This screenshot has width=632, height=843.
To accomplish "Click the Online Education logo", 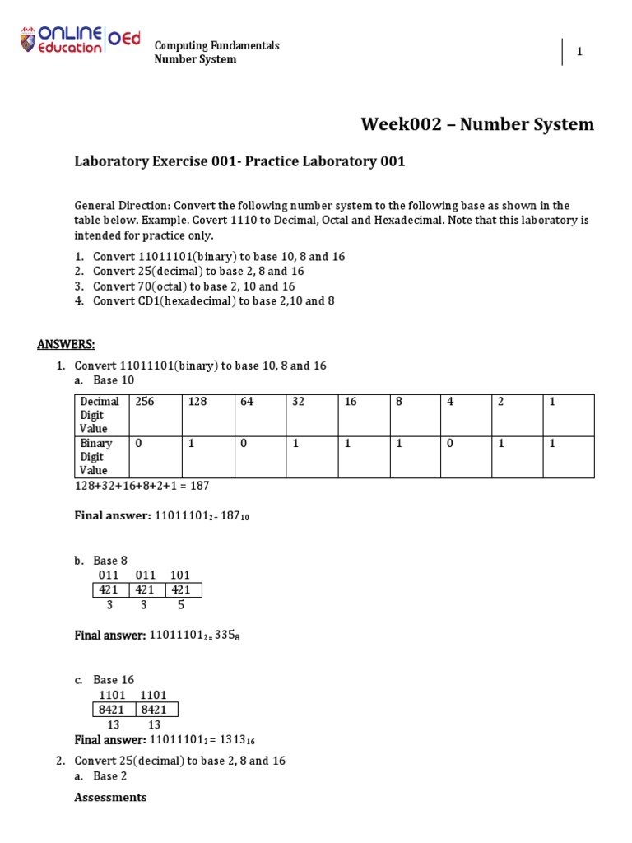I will (x=79, y=41).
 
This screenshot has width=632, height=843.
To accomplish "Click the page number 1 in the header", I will (x=579, y=52).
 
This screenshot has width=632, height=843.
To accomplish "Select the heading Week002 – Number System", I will (x=476, y=124).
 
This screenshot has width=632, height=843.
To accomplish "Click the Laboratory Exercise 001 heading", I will (x=239, y=161).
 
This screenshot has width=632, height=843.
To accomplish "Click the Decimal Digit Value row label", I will (x=99, y=415).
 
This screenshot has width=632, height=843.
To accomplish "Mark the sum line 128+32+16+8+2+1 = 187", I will (x=142, y=486).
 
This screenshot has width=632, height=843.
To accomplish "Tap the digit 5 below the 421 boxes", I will (x=181, y=605).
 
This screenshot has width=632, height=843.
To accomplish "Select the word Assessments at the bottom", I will (x=110, y=797).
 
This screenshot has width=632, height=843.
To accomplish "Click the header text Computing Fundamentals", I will (x=217, y=45).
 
